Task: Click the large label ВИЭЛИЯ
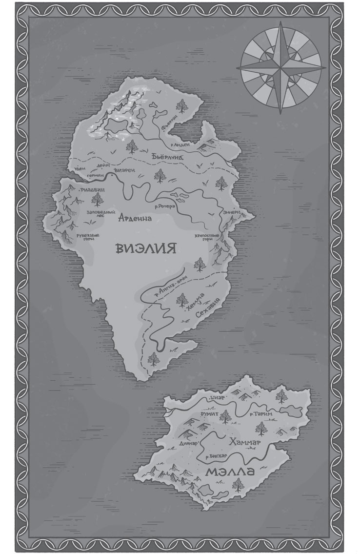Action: [145, 248]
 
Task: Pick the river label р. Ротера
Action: [166, 207]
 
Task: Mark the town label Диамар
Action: [189, 444]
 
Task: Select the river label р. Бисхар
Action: [216, 456]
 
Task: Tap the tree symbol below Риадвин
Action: [97, 199]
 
